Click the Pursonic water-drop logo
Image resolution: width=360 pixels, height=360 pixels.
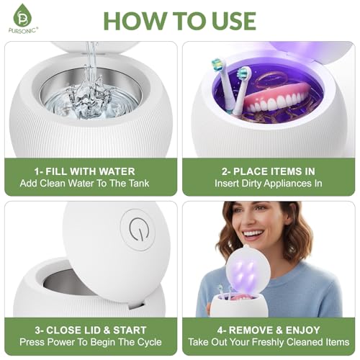point(22,15)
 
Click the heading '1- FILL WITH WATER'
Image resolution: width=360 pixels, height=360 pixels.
point(84,171)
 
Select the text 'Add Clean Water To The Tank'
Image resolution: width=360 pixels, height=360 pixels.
point(84,184)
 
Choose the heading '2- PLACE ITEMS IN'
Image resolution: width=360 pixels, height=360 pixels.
point(269,171)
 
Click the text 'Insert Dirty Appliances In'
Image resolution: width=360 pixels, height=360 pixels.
point(269,184)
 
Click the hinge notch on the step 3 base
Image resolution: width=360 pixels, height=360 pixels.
point(136,305)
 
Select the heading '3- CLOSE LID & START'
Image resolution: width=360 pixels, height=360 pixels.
point(91,330)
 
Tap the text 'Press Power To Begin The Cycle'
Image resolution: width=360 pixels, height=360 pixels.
point(91,342)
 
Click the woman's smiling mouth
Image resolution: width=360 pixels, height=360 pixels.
point(253,234)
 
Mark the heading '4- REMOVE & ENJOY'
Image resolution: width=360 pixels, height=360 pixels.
point(269,330)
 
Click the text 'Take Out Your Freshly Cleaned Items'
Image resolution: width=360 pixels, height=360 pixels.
point(269,342)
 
